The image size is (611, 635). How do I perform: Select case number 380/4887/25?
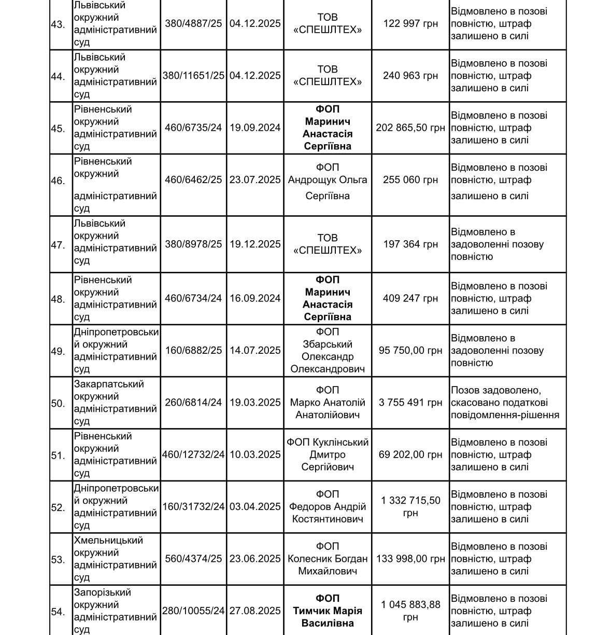click(193, 23)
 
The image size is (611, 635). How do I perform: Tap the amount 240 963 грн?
click(410, 76)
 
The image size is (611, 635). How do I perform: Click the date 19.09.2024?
click(255, 128)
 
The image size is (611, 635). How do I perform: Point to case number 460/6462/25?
click(193, 180)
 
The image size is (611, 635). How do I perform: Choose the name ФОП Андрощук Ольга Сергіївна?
click(328, 181)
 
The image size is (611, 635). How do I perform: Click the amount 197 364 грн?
click(410, 244)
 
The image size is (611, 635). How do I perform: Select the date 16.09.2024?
click(255, 298)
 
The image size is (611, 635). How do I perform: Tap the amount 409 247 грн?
click(410, 298)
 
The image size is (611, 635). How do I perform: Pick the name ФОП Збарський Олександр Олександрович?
click(328, 351)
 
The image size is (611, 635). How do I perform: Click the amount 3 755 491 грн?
click(410, 403)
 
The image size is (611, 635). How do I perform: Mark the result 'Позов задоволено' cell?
click(505, 403)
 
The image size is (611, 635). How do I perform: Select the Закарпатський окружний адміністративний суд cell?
click(115, 403)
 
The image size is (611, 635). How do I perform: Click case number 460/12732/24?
click(193, 454)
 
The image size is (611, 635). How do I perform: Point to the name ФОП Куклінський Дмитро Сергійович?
click(328, 454)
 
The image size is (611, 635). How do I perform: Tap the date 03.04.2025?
click(255, 507)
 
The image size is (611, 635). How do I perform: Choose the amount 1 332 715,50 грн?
click(410, 507)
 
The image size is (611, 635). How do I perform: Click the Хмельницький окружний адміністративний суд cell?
click(115, 559)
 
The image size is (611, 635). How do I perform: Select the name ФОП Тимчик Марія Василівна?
click(328, 611)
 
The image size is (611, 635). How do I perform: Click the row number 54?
click(58, 612)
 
